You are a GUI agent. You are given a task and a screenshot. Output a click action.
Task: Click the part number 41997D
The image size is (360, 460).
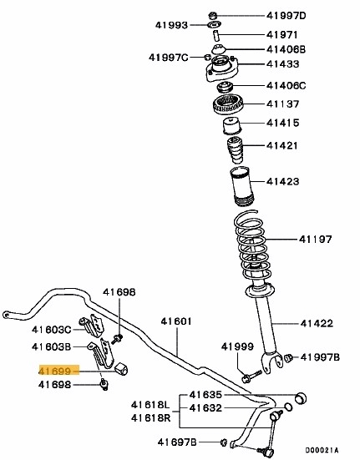286,16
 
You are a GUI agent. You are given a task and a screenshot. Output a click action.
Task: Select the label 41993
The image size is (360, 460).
173,26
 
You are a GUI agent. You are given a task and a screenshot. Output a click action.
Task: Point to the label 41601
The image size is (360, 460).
176,320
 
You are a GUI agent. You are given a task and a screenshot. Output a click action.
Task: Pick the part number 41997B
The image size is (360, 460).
321,357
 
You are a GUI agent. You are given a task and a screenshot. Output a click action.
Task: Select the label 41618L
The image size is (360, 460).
150,404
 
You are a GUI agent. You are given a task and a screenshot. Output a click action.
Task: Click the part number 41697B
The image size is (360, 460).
175,440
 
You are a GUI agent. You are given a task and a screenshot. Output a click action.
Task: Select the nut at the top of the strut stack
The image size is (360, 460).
213,15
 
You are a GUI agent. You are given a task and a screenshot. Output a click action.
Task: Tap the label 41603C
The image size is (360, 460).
52,331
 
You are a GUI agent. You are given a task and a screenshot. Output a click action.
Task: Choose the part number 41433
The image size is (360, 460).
283,63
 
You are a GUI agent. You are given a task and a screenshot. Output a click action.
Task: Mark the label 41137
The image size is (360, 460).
283,104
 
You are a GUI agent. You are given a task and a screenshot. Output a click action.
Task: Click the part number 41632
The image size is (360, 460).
205,408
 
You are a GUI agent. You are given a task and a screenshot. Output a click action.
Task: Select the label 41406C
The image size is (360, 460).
286,85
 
